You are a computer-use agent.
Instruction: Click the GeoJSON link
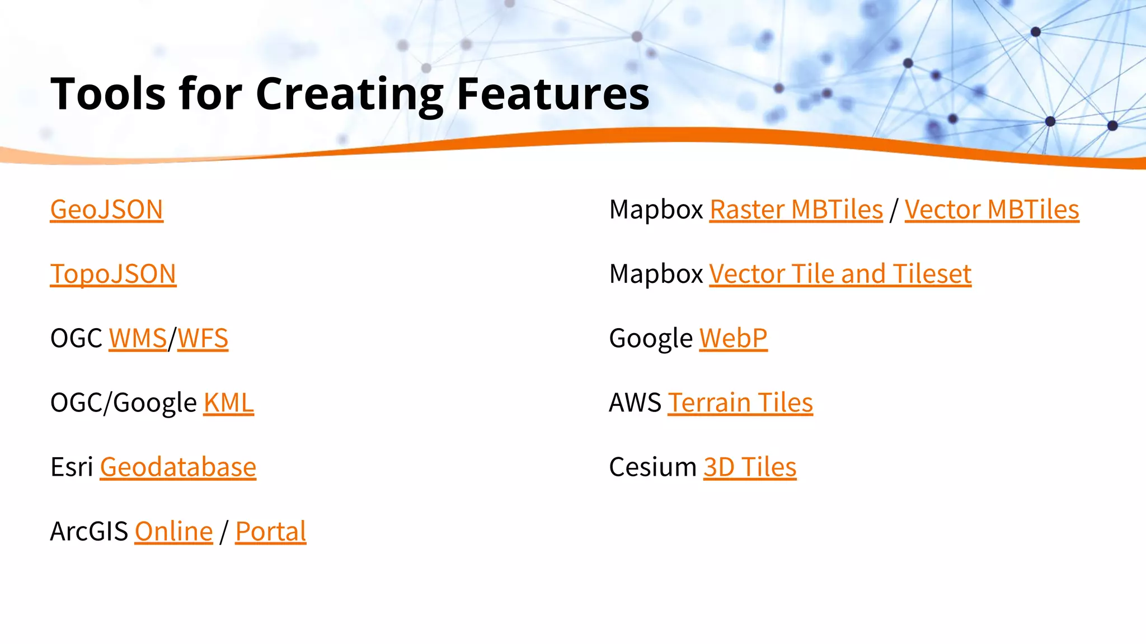pyautogui.click(x=106, y=210)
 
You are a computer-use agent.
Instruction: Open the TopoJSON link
pyautogui.click(x=113, y=274)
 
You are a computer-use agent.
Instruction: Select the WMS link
pyautogui.click(x=138, y=339)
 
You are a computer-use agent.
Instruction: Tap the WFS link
pyautogui.click(x=203, y=339)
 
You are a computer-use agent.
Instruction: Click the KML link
pyautogui.click(x=228, y=403)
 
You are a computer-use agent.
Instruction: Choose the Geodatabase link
pyautogui.click(x=178, y=467)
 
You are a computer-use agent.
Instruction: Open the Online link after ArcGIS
pyautogui.click(x=173, y=532)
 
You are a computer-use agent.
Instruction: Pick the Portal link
pyautogui.click(x=270, y=532)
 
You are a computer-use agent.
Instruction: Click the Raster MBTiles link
pyautogui.click(x=796, y=210)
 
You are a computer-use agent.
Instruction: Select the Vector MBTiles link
pyautogui.click(x=992, y=210)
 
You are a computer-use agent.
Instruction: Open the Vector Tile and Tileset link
pyautogui.click(x=840, y=274)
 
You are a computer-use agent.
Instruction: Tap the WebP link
pyautogui.click(x=733, y=339)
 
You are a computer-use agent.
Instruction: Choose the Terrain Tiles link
pyautogui.click(x=740, y=403)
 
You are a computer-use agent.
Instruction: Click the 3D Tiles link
pyautogui.click(x=749, y=467)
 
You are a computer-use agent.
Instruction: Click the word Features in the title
pyautogui.click(x=553, y=94)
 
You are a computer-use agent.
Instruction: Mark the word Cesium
pyautogui.click(x=652, y=467)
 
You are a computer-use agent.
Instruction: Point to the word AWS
pyautogui.click(x=635, y=403)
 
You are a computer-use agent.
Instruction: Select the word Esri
pyautogui.click(x=72, y=467)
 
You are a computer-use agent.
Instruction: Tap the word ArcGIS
pyautogui.click(x=89, y=532)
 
